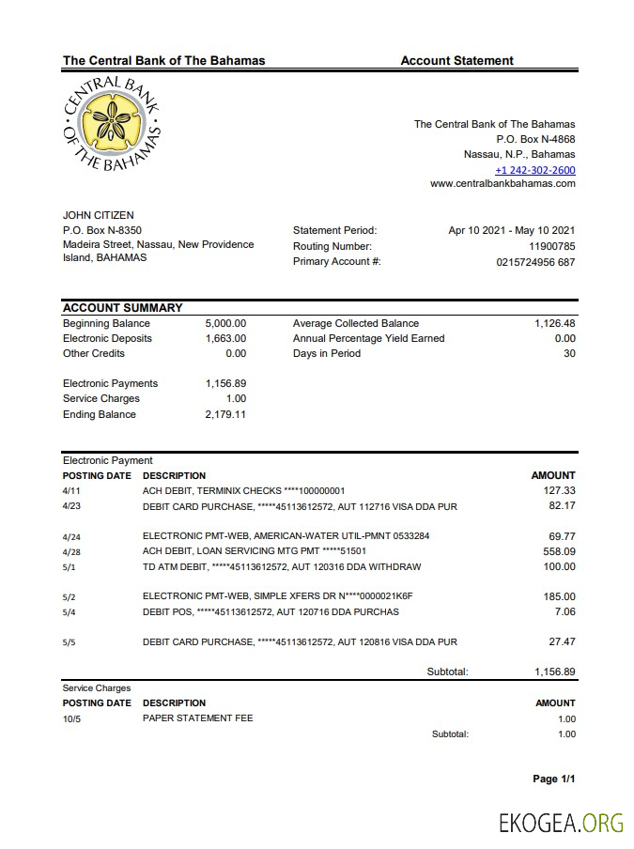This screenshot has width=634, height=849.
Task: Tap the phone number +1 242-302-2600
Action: (x=535, y=170)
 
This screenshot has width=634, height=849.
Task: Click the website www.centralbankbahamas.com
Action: (x=503, y=184)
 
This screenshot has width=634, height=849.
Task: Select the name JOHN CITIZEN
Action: (x=99, y=216)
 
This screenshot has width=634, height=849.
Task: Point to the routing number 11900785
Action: (x=551, y=246)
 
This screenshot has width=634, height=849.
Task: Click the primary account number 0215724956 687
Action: (x=535, y=262)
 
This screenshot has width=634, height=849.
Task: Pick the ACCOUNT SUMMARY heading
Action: (x=122, y=308)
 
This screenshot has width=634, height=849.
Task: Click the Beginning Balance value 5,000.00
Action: (x=225, y=323)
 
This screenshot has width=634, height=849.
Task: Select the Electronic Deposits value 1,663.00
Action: (x=225, y=338)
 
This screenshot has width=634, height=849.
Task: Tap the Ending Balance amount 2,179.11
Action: (x=225, y=414)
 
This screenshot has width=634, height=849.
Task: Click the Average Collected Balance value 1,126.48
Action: (x=554, y=323)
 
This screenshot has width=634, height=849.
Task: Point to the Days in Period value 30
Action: (x=569, y=353)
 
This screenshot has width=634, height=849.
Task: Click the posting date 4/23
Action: (x=71, y=506)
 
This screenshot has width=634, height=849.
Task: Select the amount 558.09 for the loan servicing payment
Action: (x=560, y=551)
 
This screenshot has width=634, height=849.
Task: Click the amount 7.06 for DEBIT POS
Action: (x=564, y=612)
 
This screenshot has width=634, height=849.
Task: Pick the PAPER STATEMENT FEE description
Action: (x=197, y=718)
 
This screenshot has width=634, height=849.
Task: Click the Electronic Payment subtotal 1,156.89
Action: (x=554, y=671)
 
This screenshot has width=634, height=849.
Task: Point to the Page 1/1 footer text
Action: (x=553, y=780)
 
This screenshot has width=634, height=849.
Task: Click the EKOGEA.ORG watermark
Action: (x=561, y=823)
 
